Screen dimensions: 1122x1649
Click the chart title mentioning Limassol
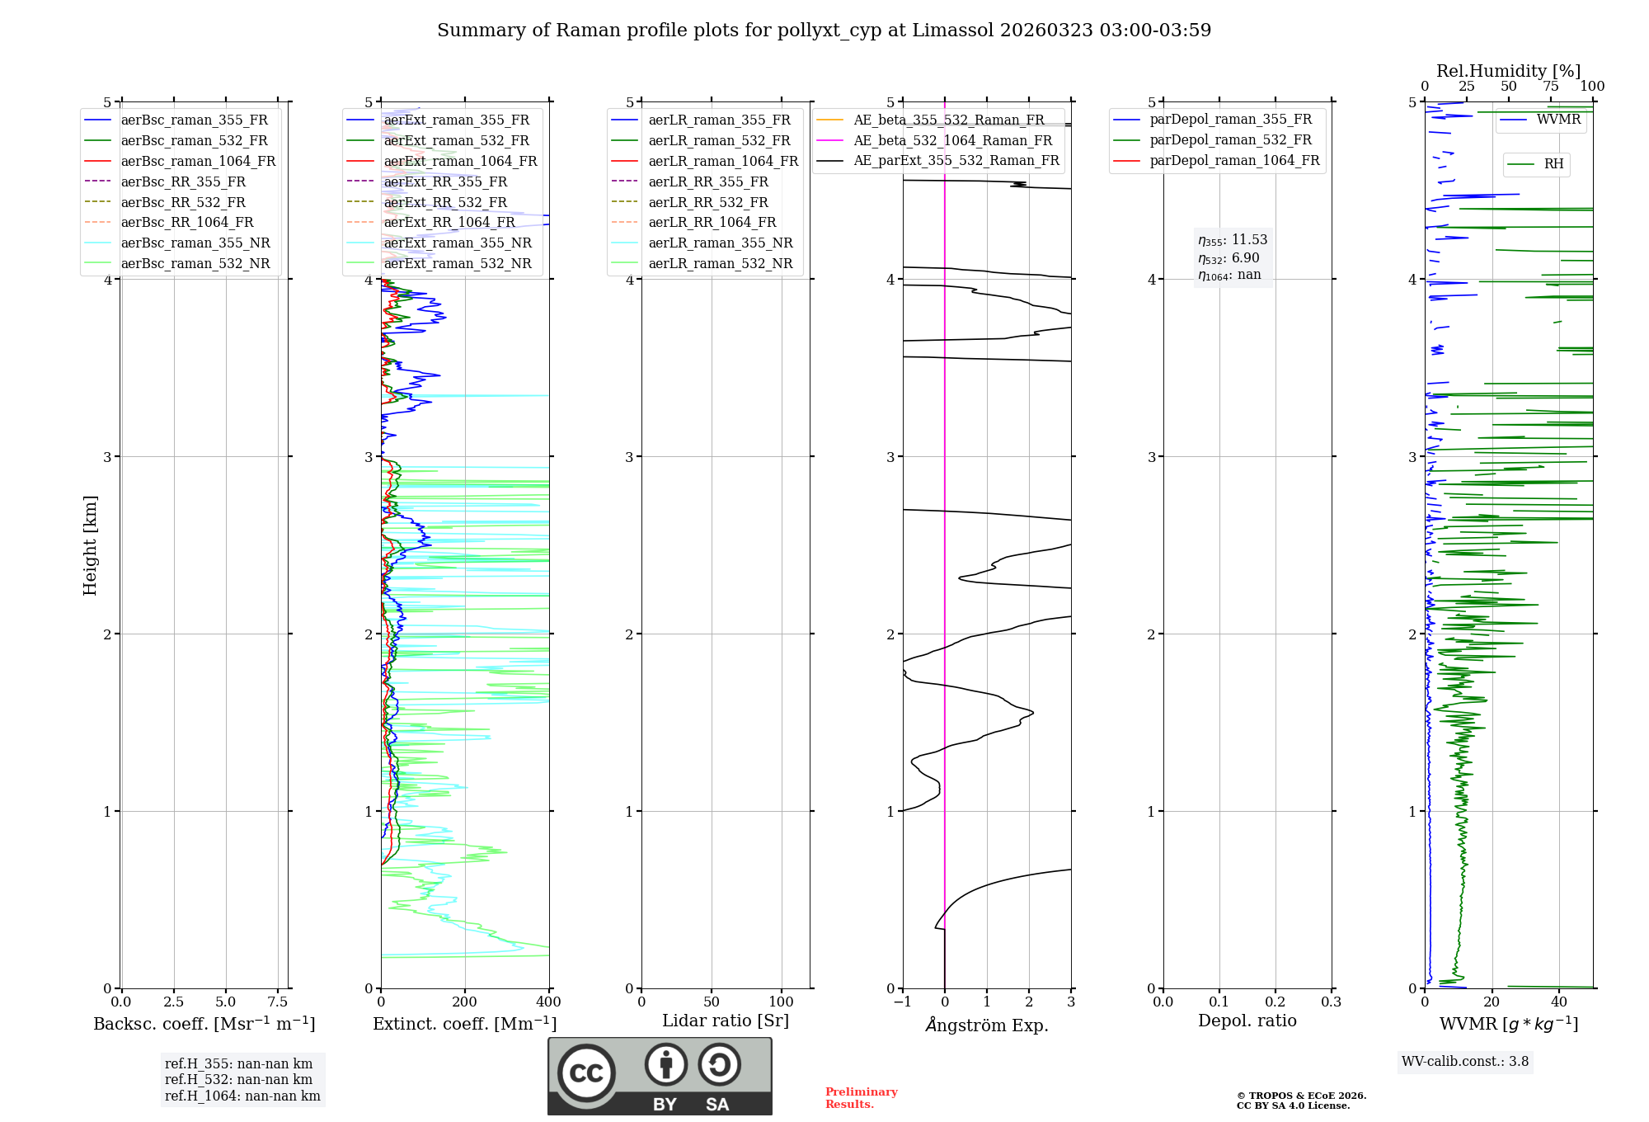pyautogui.click(x=824, y=31)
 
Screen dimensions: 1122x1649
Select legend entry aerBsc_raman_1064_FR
pyautogui.click(x=198, y=162)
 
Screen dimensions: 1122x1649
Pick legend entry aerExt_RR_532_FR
pyautogui.click(x=445, y=202)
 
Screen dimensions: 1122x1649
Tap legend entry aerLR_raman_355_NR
pyautogui.click(x=720, y=243)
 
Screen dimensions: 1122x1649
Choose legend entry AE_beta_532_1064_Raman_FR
pyautogui.click(x=952, y=141)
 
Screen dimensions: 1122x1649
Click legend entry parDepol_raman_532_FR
pyautogui.click(x=1230, y=140)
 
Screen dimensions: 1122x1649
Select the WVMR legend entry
pyautogui.click(x=1557, y=120)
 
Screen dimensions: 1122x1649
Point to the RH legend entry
pyautogui.click(x=1553, y=164)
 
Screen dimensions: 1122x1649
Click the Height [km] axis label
pyautogui.click(x=90, y=545)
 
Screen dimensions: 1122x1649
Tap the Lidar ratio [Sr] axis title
pyautogui.click(x=726, y=1021)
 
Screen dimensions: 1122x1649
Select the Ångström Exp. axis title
pyautogui.click(x=987, y=1025)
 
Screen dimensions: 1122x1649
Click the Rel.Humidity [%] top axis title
pyautogui.click(x=1508, y=71)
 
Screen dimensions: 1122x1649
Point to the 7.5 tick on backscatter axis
pyautogui.click(x=278, y=1002)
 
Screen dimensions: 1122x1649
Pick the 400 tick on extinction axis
pyautogui.click(x=548, y=1002)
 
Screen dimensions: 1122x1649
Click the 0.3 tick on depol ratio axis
pyautogui.click(x=1331, y=1002)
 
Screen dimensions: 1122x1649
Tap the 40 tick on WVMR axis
pyautogui.click(x=1558, y=1002)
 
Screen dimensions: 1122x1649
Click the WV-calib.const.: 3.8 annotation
pyautogui.click(x=1465, y=1062)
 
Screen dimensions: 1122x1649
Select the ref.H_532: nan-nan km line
pyautogui.click(x=238, y=1080)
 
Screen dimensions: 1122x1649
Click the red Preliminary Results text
pyautogui.click(x=861, y=1098)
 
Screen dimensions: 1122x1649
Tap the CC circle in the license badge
pyautogui.click(x=586, y=1072)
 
